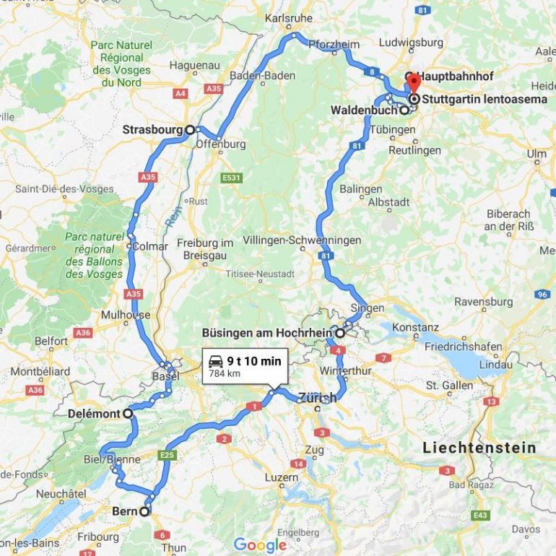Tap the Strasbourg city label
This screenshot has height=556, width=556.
152,130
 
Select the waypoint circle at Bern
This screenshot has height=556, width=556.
144,511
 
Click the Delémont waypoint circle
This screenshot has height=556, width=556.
127,414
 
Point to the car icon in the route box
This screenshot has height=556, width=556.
214,361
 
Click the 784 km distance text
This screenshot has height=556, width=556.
224,373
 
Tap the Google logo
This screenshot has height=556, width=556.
259,545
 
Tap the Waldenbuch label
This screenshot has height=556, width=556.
363,110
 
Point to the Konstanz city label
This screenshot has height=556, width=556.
415,327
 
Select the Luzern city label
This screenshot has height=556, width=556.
281,477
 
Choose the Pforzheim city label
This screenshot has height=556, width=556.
333,45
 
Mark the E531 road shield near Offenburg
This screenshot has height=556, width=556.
231,178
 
